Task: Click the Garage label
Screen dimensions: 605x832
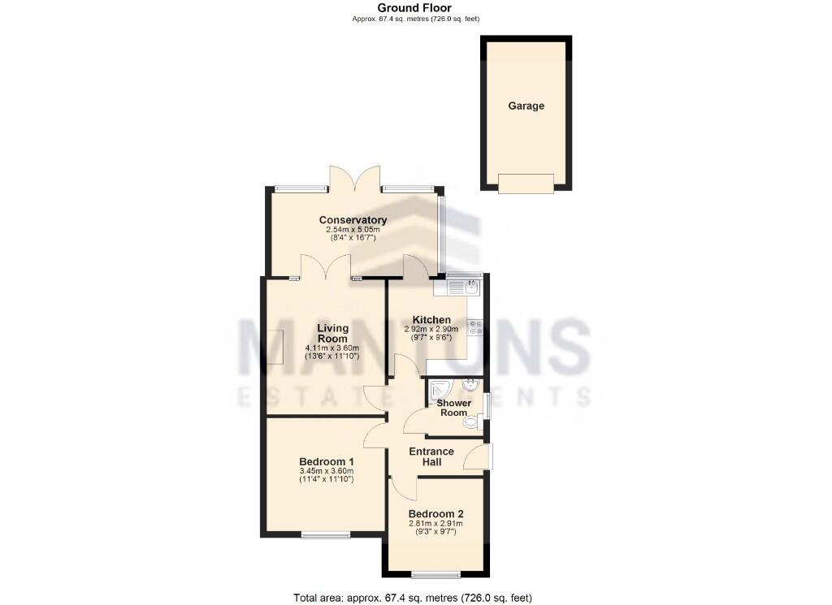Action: [x=526, y=106]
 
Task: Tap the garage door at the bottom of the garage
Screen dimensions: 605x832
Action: [x=526, y=184]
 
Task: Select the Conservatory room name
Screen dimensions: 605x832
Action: [x=353, y=220]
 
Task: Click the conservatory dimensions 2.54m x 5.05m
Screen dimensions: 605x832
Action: [x=353, y=230]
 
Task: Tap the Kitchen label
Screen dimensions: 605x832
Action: [x=431, y=319]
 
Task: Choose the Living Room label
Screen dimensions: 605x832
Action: [x=332, y=333]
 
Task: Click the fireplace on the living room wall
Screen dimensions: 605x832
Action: [x=276, y=348]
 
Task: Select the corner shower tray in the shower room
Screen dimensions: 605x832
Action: [x=440, y=390]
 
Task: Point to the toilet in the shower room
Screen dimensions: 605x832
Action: [x=470, y=421]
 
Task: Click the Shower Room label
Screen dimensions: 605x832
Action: [x=454, y=408]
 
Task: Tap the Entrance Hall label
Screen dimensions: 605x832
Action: [x=431, y=456]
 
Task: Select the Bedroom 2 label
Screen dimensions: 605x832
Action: [x=435, y=513]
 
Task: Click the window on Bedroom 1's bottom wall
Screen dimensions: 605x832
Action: [x=326, y=534]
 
